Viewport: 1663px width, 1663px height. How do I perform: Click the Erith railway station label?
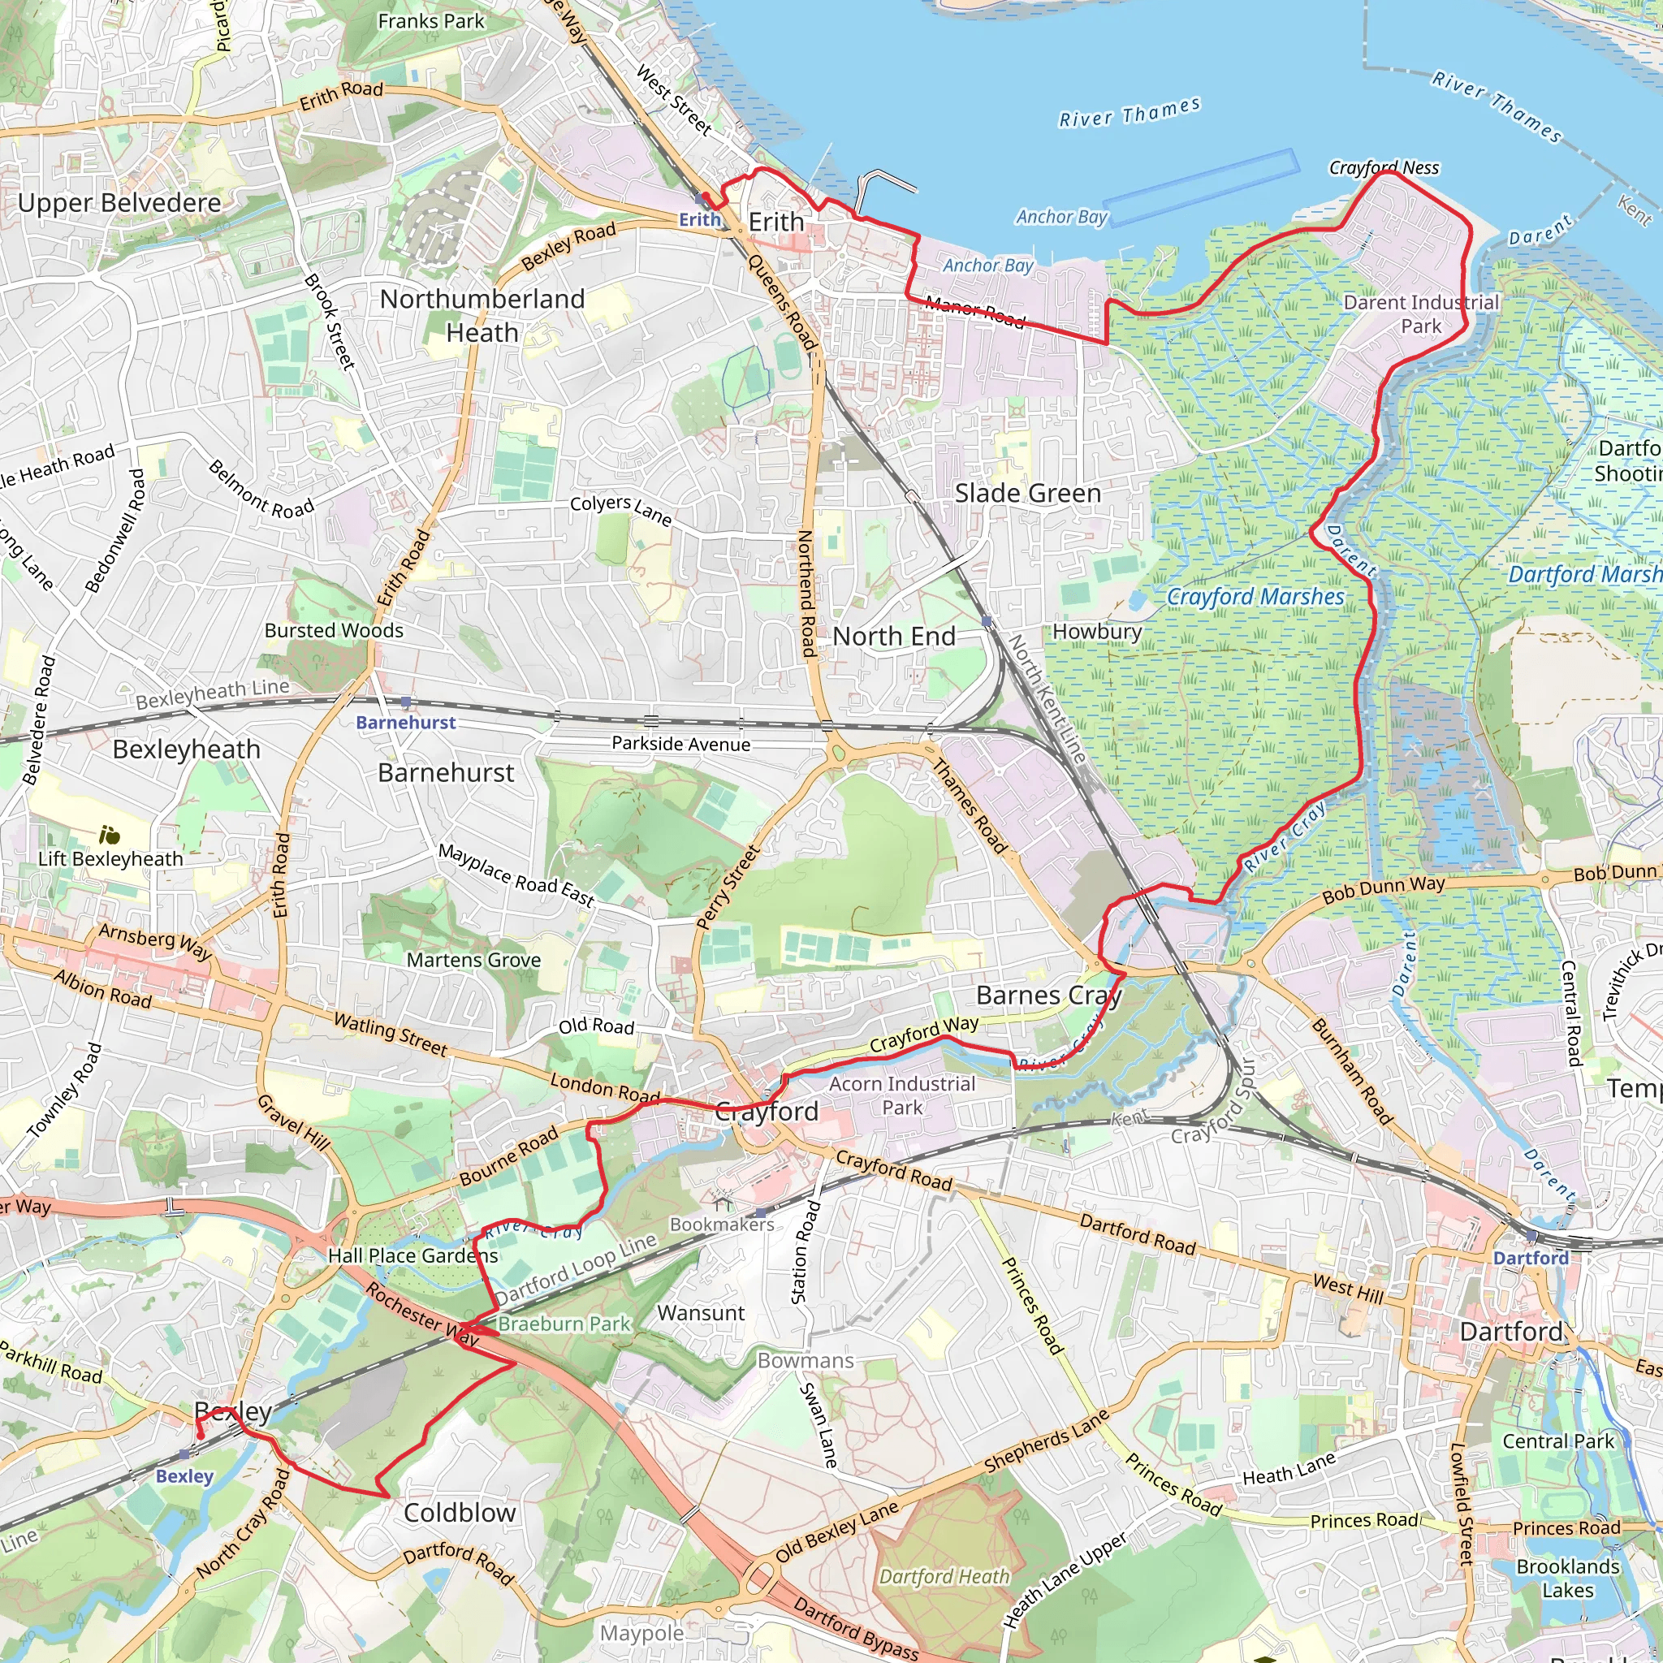tap(699, 219)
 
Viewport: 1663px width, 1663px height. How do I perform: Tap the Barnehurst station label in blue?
tap(405, 722)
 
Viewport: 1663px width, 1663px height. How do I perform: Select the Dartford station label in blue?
tap(1531, 1258)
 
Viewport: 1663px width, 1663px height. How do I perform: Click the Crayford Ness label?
tap(1383, 168)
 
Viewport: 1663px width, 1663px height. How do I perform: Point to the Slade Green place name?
tap(1027, 493)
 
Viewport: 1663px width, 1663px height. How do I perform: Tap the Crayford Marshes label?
tap(1255, 597)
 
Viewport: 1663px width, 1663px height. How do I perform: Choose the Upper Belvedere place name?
tap(119, 203)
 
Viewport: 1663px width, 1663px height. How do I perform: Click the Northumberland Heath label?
tap(482, 315)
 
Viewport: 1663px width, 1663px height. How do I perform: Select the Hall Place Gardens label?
tap(413, 1256)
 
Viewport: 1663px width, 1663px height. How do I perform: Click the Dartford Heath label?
tap(944, 1576)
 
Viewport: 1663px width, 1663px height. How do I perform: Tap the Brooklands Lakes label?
tap(1567, 1578)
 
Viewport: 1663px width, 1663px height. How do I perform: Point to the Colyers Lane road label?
tap(620, 508)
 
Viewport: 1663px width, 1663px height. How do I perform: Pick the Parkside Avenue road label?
tap(680, 744)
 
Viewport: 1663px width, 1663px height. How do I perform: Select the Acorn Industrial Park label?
tap(902, 1095)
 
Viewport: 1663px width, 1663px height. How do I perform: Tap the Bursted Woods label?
tap(334, 630)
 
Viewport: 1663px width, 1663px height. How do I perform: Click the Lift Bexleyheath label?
tap(110, 858)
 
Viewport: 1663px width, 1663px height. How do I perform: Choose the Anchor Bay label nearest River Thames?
tap(1061, 217)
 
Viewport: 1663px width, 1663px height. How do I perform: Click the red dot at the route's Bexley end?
tap(200, 1436)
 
